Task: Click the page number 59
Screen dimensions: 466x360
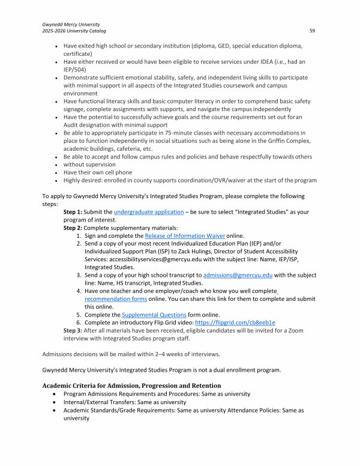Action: click(x=312, y=31)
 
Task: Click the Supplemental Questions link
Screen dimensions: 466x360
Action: click(x=150, y=314)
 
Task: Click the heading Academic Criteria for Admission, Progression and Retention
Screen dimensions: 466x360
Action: click(x=131, y=385)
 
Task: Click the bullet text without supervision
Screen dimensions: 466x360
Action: click(x=90, y=164)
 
